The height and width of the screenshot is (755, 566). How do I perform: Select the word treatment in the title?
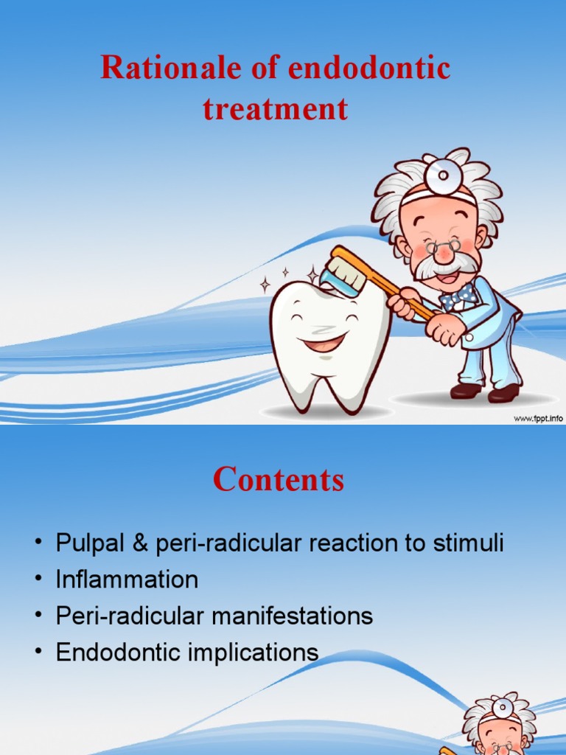(275, 109)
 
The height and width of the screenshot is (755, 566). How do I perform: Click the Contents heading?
(279, 480)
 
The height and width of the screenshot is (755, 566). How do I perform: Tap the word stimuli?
(469, 544)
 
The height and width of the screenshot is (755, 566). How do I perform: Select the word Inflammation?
(127, 580)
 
